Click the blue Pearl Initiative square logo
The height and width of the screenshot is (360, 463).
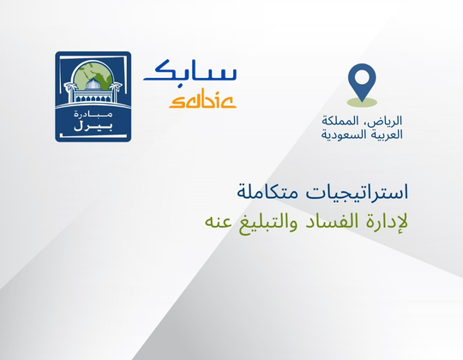click(x=93, y=96)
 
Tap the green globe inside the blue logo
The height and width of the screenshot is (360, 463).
click(x=93, y=81)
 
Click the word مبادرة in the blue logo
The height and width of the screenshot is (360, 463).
click(x=93, y=113)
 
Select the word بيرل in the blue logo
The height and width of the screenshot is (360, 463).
click(x=93, y=128)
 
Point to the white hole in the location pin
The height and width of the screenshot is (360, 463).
click(x=362, y=77)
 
